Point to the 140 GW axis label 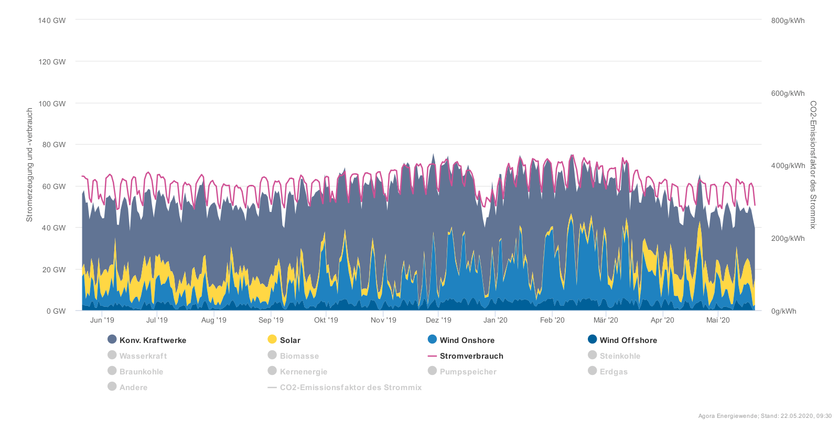pyautogui.click(x=52, y=20)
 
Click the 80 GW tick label pyautogui.click(x=54, y=145)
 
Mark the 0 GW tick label pyautogui.click(x=56, y=311)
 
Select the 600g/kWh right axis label pyautogui.click(x=788, y=93)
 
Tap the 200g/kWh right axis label pyautogui.click(x=788, y=238)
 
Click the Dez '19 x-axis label pyautogui.click(x=438, y=320)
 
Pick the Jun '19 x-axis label pyautogui.click(x=102, y=320)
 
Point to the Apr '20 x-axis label pyautogui.click(x=662, y=320)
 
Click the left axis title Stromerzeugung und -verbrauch pyautogui.click(x=30, y=165)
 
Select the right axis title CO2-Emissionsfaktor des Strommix pyautogui.click(x=813, y=165)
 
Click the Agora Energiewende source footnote pyautogui.click(x=765, y=416)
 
